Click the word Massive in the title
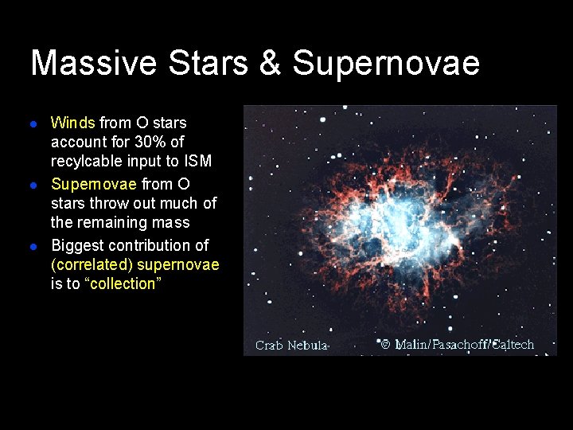pyautogui.click(x=92, y=63)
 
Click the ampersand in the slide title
pyautogui.click(x=270, y=63)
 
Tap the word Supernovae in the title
pyautogui.click(x=386, y=63)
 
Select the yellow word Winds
pyautogui.click(x=72, y=123)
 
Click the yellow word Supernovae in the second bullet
pyautogui.click(x=93, y=184)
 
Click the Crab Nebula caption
pyautogui.click(x=291, y=345)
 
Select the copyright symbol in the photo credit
pyautogui.click(x=385, y=344)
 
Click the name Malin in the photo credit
pyautogui.click(x=411, y=344)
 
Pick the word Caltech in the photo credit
pyautogui.click(x=513, y=344)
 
